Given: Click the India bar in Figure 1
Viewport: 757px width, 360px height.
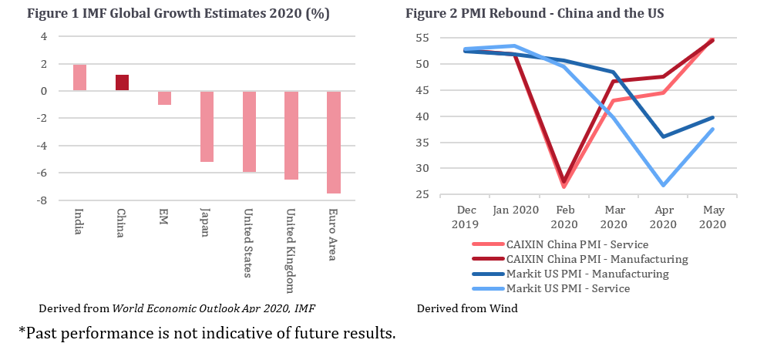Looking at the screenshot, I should (x=79, y=77).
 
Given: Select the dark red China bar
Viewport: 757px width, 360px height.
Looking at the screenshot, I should (x=122, y=82).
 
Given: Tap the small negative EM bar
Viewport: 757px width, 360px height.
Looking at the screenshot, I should (x=164, y=98).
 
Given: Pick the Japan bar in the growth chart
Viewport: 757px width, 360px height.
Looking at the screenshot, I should (x=207, y=126).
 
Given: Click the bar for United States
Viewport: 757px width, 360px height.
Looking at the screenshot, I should (x=248, y=132).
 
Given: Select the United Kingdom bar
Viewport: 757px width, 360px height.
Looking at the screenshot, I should (x=291, y=136).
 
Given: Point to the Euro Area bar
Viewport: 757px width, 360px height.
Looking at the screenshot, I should (x=333, y=143).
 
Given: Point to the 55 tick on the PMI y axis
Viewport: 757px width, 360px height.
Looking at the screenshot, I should (x=422, y=38).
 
